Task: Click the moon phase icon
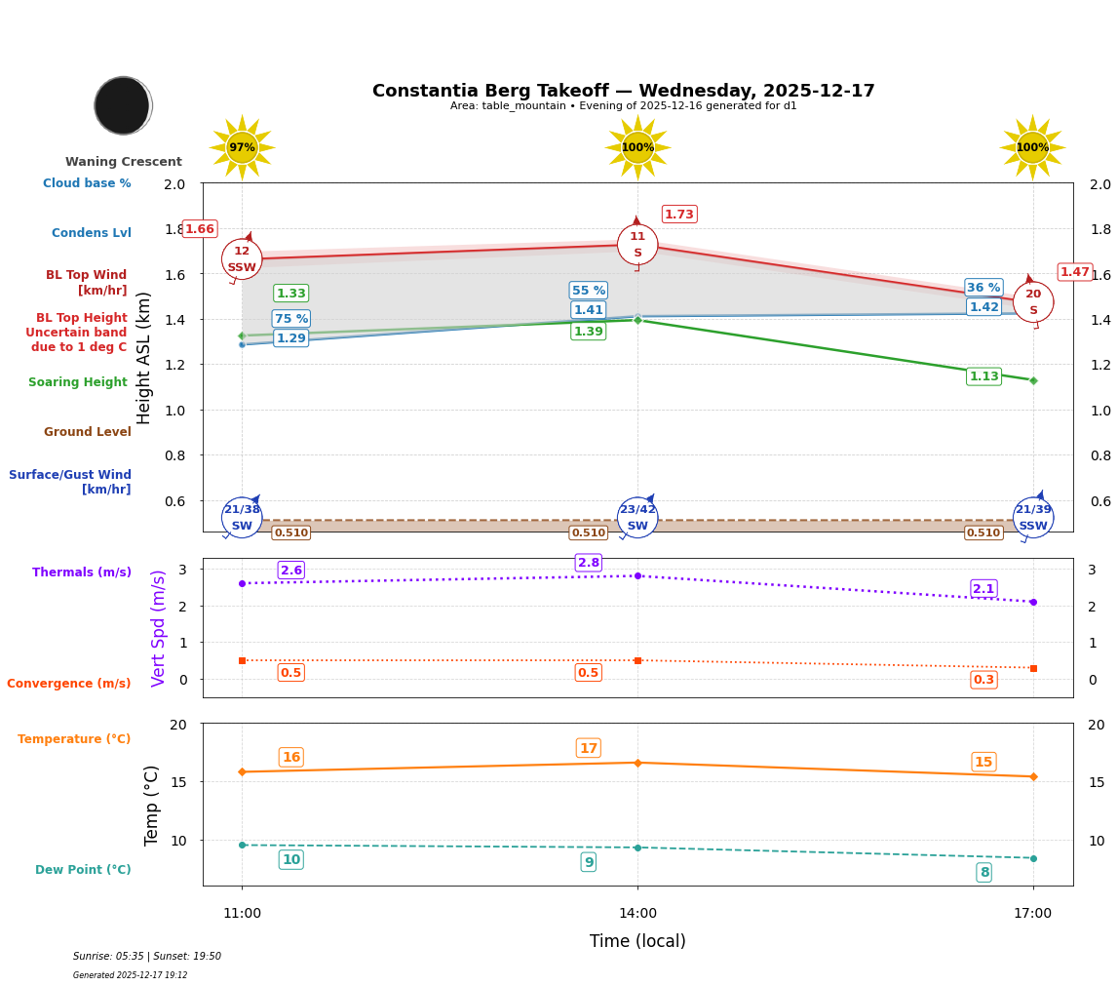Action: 123,105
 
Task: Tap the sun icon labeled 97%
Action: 242,147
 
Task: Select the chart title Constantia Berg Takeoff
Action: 623,91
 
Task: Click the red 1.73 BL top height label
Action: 679,215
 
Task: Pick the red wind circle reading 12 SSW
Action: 242,259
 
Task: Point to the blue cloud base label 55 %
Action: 589,291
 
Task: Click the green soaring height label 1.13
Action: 983,376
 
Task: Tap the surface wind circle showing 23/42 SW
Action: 637,518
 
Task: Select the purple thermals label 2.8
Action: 589,563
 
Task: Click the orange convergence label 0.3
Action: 983,680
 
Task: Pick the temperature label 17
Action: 589,748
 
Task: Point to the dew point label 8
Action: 983,873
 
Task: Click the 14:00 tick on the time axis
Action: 637,914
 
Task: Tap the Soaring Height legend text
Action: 78,382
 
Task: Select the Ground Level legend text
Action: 87,432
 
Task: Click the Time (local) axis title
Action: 637,941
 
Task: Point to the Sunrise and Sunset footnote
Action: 147,957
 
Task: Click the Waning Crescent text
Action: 124,162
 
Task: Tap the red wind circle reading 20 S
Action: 1033,302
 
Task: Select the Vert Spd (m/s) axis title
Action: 159,628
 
